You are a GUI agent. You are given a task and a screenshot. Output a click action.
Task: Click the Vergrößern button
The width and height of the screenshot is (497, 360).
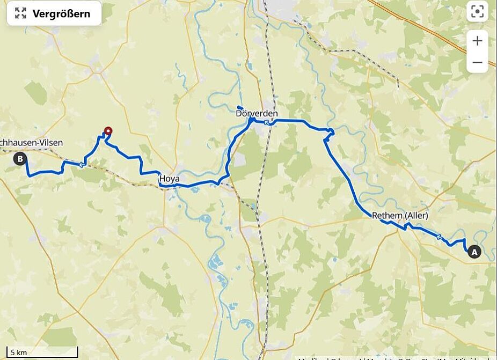(54, 13)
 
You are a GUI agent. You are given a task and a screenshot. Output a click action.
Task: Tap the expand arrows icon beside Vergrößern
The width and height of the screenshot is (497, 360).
(20, 13)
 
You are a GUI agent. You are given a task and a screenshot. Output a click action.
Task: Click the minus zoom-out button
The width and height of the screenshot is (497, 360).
(477, 62)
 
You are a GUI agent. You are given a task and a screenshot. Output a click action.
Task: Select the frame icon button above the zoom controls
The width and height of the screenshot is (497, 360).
(477, 12)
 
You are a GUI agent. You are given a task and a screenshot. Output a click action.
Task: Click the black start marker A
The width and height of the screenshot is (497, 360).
(474, 251)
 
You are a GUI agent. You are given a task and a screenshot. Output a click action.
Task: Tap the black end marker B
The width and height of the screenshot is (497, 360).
(20, 158)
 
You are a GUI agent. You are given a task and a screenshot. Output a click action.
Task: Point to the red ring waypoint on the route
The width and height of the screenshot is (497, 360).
(108, 130)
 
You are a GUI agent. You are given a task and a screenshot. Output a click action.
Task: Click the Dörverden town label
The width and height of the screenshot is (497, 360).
(257, 114)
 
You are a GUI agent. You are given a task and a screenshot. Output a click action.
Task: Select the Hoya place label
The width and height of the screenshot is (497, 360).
(169, 178)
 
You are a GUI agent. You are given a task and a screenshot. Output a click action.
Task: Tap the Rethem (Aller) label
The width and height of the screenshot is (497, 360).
(400, 216)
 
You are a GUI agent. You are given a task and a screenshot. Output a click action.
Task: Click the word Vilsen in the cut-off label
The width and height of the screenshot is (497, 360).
(49, 143)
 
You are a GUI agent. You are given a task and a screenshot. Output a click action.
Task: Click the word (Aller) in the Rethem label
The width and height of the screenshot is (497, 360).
(416, 216)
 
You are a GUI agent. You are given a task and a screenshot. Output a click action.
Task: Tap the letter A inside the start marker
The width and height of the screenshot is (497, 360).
(474, 251)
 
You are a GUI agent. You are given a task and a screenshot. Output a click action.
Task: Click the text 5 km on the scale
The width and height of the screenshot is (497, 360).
(18, 352)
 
